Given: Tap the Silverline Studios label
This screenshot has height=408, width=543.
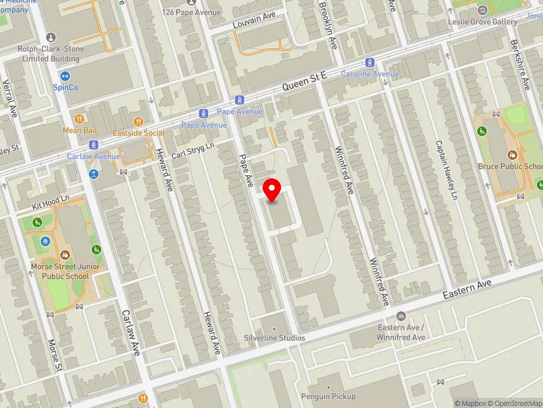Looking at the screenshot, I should pyautogui.click(x=274, y=337).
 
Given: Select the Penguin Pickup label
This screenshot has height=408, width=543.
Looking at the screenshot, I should pyautogui.click(x=329, y=396).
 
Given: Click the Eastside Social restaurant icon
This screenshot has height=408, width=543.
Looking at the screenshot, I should pyautogui.click(x=138, y=122).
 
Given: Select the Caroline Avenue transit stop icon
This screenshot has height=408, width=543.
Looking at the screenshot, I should pyautogui.click(x=370, y=62).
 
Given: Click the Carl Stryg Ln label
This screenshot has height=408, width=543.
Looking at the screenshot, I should pyautogui.click(x=193, y=150).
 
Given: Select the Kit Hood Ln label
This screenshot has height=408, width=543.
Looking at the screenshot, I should pyautogui.click(x=51, y=201).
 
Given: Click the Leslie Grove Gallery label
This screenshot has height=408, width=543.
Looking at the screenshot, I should pyautogui.click(x=483, y=21).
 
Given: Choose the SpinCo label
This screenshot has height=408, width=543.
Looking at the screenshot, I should pyautogui.click(x=66, y=86).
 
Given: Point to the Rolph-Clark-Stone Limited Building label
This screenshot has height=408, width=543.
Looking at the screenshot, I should pyautogui.click(x=50, y=54).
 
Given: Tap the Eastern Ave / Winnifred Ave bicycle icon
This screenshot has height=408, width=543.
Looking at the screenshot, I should pyautogui.click(x=401, y=316).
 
